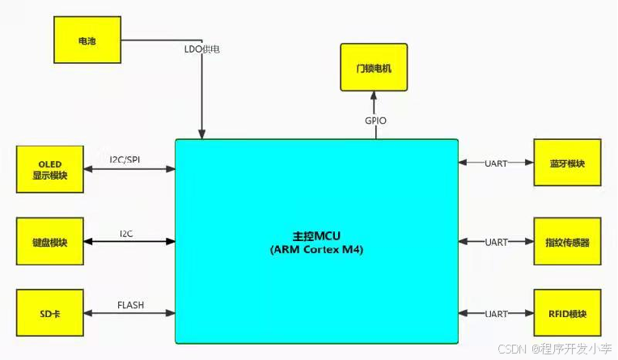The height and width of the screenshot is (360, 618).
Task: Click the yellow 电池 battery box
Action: [x=87, y=40]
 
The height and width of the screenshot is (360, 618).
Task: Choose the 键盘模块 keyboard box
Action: [x=49, y=241]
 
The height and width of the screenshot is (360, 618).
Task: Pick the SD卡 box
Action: [x=49, y=313]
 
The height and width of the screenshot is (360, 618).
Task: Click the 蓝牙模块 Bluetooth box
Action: [x=567, y=163]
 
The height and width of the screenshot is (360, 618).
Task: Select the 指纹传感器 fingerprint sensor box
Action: [x=567, y=241]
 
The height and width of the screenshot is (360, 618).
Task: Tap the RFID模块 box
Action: [x=567, y=313]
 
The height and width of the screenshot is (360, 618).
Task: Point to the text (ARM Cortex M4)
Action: [x=317, y=249]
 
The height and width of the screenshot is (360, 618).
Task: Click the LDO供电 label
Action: [x=201, y=49]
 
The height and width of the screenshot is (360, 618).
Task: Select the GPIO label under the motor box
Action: [x=375, y=121]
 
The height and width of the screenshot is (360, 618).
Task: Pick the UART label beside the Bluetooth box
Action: [x=496, y=163]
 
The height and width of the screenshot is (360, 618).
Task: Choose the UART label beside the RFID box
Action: [x=496, y=313]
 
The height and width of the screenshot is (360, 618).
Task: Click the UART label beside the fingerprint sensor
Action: [x=496, y=241]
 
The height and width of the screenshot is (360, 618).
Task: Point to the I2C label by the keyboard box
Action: [x=126, y=233]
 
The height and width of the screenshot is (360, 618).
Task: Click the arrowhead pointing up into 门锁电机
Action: [x=374, y=95]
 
